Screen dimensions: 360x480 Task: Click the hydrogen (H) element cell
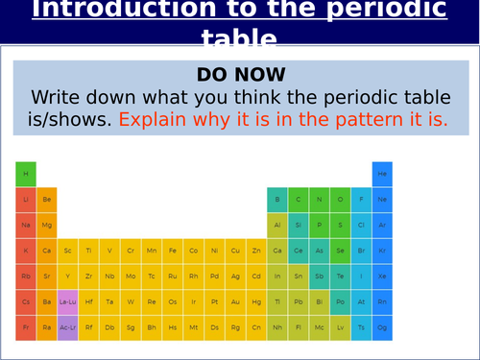[x=26, y=174]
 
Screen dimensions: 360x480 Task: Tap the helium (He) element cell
[x=382, y=174]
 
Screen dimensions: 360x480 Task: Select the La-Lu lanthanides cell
[x=68, y=300]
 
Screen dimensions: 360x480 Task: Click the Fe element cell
[x=173, y=250]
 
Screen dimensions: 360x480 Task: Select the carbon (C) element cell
[x=299, y=200]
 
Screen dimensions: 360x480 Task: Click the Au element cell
[x=236, y=300]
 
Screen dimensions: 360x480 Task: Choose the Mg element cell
[x=47, y=225]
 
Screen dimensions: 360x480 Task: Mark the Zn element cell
[x=256, y=250]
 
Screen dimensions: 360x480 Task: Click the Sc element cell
[x=68, y=250]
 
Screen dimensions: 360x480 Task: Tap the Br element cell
[x=361, y=250]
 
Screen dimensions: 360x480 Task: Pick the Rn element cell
[x=382, y=300]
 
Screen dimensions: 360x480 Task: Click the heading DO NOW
[x=240, y=74]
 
